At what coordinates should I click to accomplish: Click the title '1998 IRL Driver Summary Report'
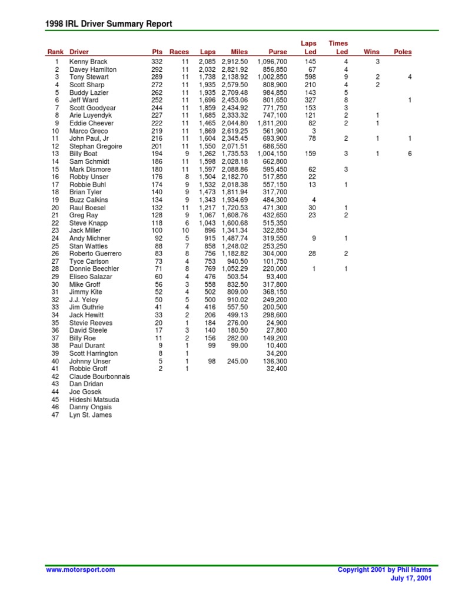[x=109, y=24]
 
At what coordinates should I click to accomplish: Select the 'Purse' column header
[x=277, y=52]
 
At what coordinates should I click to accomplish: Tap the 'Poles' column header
[x=403, y=52]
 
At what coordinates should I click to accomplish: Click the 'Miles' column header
[x=240, y=52]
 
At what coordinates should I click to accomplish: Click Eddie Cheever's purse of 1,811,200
[x=272, y=123]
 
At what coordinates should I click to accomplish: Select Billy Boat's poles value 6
[x=410, y=154]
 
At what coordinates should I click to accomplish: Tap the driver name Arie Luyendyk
[x=90, y=115]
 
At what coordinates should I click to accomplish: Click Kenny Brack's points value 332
[x=156, y=62]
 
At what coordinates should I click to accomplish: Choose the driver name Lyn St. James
[x=90, y=415]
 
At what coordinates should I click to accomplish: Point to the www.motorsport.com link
[x=80, y=569]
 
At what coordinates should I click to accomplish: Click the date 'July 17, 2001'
[x=411, y=578]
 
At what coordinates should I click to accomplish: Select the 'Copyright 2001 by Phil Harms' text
[x=384, y=569]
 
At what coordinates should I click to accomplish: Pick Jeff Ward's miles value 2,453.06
[x=235, y=100]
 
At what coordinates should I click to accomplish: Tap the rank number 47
[x=55, y=415]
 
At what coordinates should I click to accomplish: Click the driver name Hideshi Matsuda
[x=94, y=399]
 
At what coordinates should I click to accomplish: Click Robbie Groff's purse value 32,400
[x=277, y=369]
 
